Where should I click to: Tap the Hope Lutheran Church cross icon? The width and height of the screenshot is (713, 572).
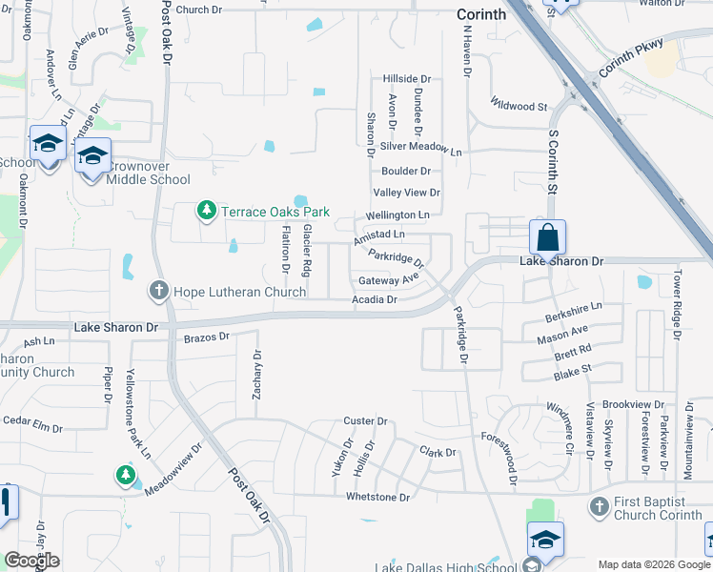pos(159,290)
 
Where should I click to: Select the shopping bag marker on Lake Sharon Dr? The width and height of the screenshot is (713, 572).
pos(548,237)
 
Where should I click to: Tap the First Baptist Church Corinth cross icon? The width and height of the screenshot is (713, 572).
pos(600,506)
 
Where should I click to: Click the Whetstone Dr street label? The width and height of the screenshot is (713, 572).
pos(377,498)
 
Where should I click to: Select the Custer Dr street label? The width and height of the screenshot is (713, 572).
pos(365,420)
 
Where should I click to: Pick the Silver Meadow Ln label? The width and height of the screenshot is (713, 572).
pos(420,148)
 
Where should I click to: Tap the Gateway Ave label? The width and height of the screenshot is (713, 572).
pos(389,280)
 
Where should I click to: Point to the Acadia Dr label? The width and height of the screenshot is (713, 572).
pos(374,299)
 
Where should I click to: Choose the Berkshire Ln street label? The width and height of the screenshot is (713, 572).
pos(574,311)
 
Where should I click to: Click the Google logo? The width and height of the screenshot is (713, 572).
pos(32,561)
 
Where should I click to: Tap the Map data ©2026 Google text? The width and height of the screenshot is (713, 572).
pos(653,564)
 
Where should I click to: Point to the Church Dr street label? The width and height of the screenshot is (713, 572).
pos(198,10)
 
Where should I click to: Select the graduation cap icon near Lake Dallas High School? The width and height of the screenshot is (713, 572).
pos(545,539)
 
